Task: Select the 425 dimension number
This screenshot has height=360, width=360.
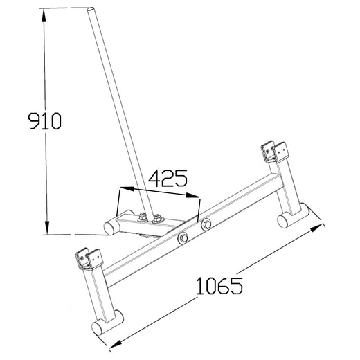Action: click(167, 179)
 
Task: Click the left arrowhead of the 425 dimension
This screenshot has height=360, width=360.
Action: click(123, 188)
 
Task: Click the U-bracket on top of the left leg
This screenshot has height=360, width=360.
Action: click(86, 258)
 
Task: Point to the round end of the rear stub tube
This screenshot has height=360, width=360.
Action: click(110, 226)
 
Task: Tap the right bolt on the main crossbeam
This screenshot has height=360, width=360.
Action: click(205, 224)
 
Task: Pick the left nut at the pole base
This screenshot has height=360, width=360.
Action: click(143, 218)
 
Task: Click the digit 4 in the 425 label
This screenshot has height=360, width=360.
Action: click(153, 179)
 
